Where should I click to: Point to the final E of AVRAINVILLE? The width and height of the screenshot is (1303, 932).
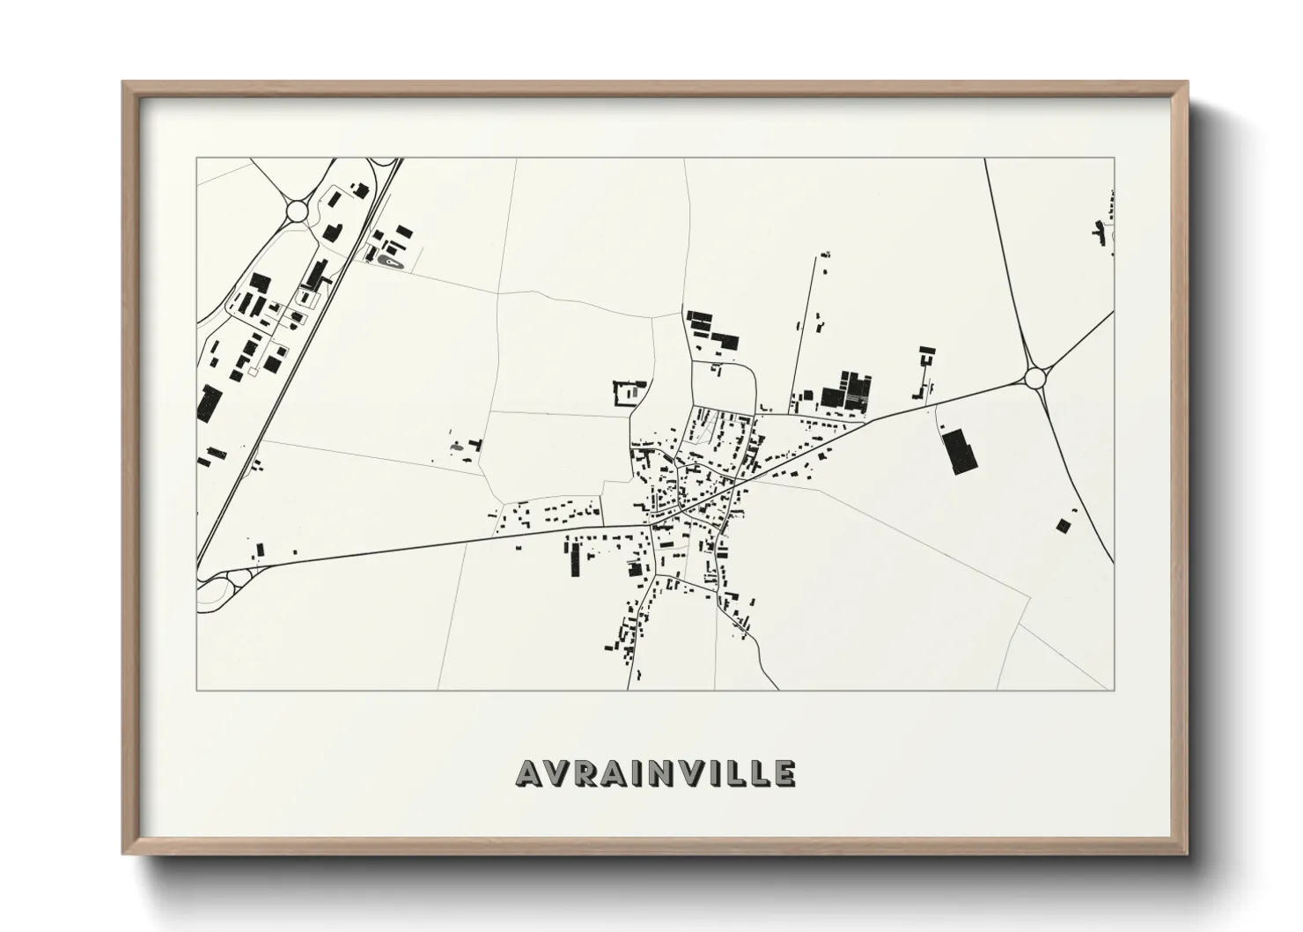pyautogui.click(x=784, y=773)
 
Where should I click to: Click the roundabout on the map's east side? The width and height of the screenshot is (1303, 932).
pyautogui.click(x=1035, y=378)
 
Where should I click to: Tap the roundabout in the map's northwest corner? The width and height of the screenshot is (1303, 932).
pyautogui.click(x=297, y=211)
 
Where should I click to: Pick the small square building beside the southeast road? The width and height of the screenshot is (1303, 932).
pyautogui.click(x=1064, y=526)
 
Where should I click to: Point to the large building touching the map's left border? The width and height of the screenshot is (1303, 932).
pyautogui.click(x=209, y=403)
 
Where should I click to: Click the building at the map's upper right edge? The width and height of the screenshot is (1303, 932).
pyautogui.click(x=1099, y=232)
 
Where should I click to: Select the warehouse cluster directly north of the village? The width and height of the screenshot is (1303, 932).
pyautogui.click(x=712, y=329)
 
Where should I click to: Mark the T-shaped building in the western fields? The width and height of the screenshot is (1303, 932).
pyautogui.click(x=475, y=446)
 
